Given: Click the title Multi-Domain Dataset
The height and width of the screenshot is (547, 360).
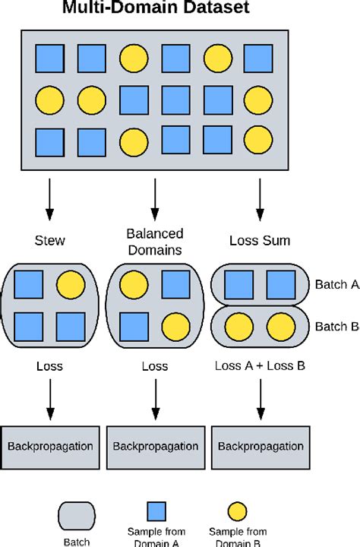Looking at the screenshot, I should click(x=156, y=10).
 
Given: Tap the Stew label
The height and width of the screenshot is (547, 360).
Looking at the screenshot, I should click(x=49, y=241).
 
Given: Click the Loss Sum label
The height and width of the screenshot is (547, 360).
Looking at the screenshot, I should click(x=260, y=241).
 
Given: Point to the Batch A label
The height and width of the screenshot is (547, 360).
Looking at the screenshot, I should click(x=336, y=285).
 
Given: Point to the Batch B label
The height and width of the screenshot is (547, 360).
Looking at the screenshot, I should click(x=336, y=327).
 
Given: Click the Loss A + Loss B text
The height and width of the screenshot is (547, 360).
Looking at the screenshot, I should click(x=260, y=366).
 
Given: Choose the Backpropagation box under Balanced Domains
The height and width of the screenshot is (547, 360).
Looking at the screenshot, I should click(x=155, y=444).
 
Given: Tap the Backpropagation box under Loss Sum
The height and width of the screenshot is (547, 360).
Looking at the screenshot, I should click(x=260, y=444).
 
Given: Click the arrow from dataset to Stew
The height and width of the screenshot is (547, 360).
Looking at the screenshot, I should click(x=49, y=198).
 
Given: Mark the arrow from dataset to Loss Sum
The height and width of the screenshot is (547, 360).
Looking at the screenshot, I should click(x=260, y=198).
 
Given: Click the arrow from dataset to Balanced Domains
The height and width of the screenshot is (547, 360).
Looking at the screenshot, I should click(x=155, y=198).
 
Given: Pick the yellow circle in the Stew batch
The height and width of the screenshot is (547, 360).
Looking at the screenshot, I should click(x=71, y=284).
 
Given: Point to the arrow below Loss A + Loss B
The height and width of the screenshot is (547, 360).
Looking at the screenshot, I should click(x=260, y=400).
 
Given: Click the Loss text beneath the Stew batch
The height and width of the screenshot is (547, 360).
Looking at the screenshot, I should click(x=49, y=366).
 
